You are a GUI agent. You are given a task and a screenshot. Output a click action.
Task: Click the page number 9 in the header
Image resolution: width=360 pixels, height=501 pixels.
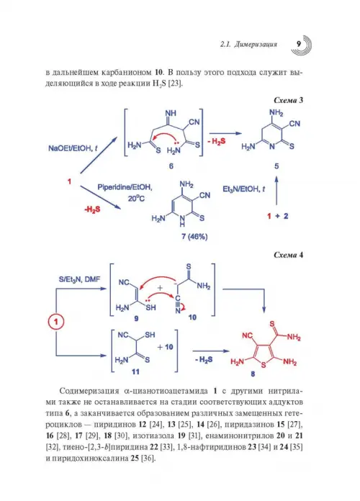[x=299, y=44]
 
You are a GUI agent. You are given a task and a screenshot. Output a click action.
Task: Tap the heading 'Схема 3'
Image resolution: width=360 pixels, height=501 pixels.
[x=288, y=100]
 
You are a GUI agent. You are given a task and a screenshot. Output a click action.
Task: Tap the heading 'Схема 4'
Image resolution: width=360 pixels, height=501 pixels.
[x=288, y=255]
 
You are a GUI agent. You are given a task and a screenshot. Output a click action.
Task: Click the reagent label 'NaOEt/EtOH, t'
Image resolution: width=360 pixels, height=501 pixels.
[x=73, y=148]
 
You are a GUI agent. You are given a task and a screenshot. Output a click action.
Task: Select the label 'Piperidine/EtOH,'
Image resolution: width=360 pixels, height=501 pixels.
[x=125, y=187]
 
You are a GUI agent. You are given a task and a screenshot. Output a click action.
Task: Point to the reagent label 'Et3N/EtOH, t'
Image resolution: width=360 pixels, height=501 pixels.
[x=243, y=189]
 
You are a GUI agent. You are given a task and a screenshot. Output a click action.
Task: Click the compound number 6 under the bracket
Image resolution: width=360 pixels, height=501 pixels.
[x=171, y=166]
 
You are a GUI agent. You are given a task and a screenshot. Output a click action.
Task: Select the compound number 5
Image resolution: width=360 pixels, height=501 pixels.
[x=276, y=166]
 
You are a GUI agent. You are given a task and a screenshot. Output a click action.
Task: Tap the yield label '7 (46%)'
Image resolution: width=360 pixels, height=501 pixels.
[x=194, y=236]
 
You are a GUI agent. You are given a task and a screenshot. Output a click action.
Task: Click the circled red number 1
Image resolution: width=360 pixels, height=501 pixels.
[x=56, y=321]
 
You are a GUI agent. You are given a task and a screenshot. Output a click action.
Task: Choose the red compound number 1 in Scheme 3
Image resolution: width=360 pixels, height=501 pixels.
[x=69, y=181]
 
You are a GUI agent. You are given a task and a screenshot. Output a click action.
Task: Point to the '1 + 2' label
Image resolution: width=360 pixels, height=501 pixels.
[x=277, y=216]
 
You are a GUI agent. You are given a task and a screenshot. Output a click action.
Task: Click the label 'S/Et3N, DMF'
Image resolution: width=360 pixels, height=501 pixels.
[x=79, y=279]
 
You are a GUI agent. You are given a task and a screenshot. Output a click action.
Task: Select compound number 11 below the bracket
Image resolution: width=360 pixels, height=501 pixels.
[x=135, y=371]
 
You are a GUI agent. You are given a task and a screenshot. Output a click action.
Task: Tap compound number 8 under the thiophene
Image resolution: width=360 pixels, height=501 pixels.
[x=253, y=374]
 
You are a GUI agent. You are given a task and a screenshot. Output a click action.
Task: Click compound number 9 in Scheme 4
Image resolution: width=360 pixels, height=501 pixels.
[x=136, y=319]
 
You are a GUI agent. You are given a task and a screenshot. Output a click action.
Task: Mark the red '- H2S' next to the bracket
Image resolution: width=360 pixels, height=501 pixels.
[x=217, y=141]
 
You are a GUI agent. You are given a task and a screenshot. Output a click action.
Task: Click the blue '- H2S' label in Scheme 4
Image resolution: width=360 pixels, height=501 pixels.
[x=203, y=360]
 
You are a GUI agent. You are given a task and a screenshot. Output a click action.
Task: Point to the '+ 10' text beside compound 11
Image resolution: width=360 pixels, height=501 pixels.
[x=166, y=347]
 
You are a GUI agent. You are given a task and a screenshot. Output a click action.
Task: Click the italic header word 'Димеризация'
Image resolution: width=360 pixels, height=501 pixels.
[x=256, y=44]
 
